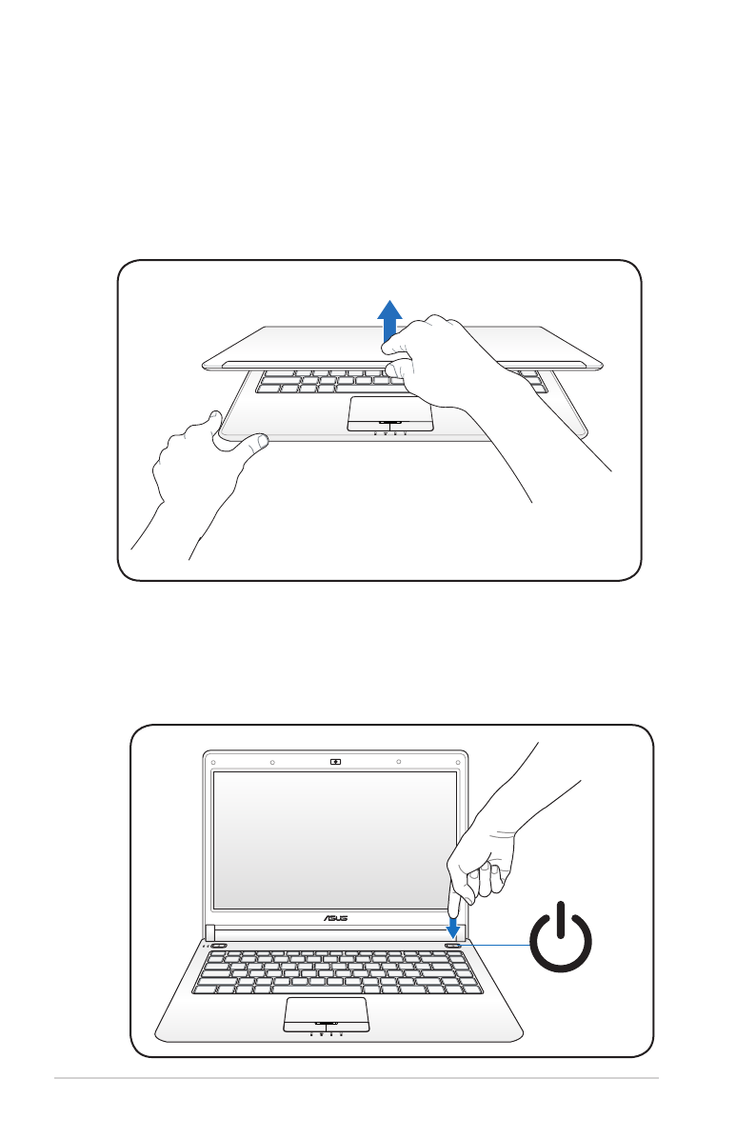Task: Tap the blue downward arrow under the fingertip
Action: coord(453,924)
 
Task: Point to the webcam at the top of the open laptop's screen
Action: coord(335,762)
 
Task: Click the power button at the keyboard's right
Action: coord(453,946)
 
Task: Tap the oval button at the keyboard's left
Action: coord(219,947)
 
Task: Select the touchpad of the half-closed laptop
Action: coord(390,410)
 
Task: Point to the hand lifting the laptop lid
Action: coord(448,362)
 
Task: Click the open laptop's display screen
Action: coord(335,839)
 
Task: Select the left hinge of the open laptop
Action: coord(210,931)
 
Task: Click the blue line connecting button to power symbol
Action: coord(495,945)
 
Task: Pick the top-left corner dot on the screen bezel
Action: coord(215,762)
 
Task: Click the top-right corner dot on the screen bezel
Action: coord(455,762)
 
